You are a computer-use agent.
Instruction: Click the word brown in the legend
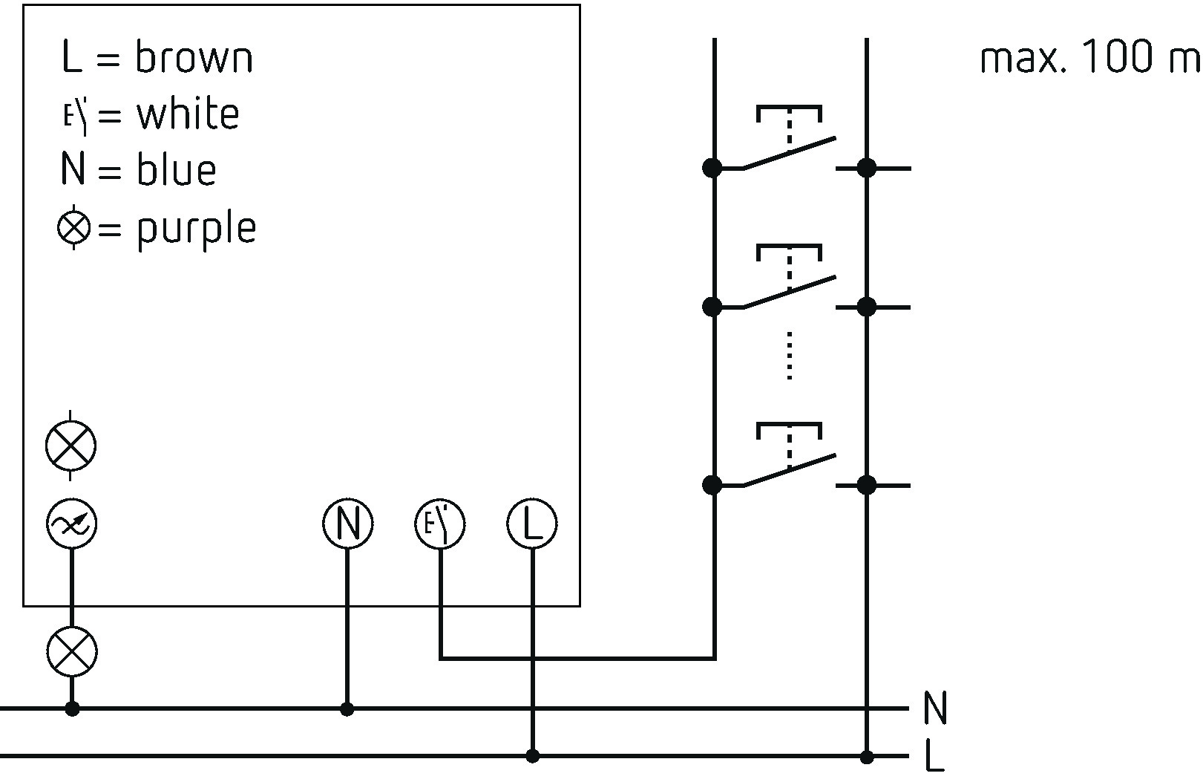pos(194,56)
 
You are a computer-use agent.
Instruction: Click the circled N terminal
pos(348,524)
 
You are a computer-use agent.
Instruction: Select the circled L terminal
pos(532,524)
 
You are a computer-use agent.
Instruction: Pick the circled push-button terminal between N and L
pos(440,524)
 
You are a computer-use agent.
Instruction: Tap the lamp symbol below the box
pos(72,651)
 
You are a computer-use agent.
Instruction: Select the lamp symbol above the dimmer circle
pos(71,446)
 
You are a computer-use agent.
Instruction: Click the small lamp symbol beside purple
pos(73,227)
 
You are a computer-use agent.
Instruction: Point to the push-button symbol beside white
pos(75,115)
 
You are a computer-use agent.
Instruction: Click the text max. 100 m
pos(1090,56)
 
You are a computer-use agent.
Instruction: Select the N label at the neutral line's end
pos(935,708)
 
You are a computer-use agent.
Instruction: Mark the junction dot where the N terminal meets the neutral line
pos(347,709)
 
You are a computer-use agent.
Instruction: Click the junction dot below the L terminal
pos(532,756)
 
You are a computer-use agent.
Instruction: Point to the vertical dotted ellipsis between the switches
pos(789,356)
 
